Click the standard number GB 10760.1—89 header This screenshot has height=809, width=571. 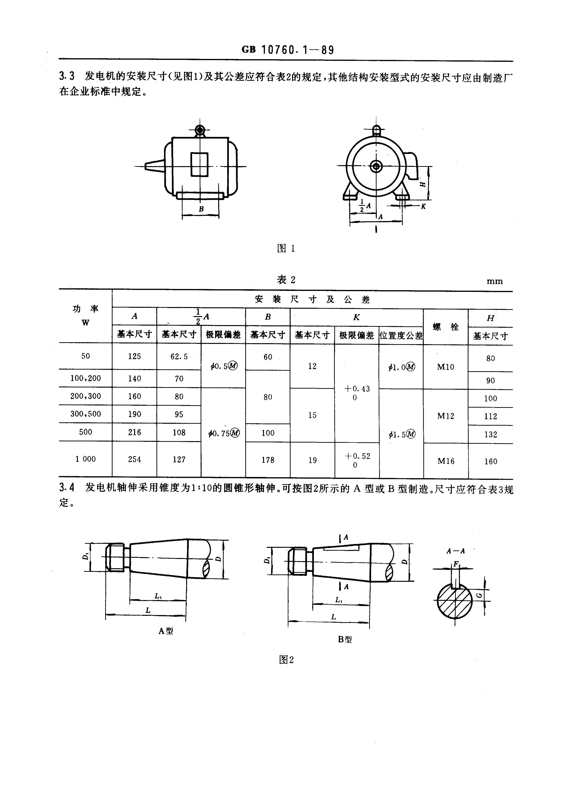pos(287,50)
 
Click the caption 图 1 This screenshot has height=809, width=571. pos(286,248)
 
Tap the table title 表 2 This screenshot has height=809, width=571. pos(286,280)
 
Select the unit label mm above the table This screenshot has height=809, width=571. pos(494,281)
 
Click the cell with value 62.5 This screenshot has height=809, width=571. pos(179,356)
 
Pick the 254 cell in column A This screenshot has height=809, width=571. pos(134,459)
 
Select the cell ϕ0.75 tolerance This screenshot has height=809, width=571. pos(224,433)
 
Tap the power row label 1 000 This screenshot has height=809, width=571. pos(85,459)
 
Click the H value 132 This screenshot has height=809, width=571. pos(490,434)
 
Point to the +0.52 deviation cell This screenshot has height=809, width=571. pos(357,460)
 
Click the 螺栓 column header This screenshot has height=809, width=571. pos(446,327)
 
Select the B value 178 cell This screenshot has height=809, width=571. pos(268,460)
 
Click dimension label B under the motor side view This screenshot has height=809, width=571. pos(201,209)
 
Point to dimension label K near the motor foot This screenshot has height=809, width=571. pos(424,207)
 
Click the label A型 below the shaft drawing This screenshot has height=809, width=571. pos(165,631)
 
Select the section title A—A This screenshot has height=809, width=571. pos(456,551)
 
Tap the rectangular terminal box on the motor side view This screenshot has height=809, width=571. pos(200,164)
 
